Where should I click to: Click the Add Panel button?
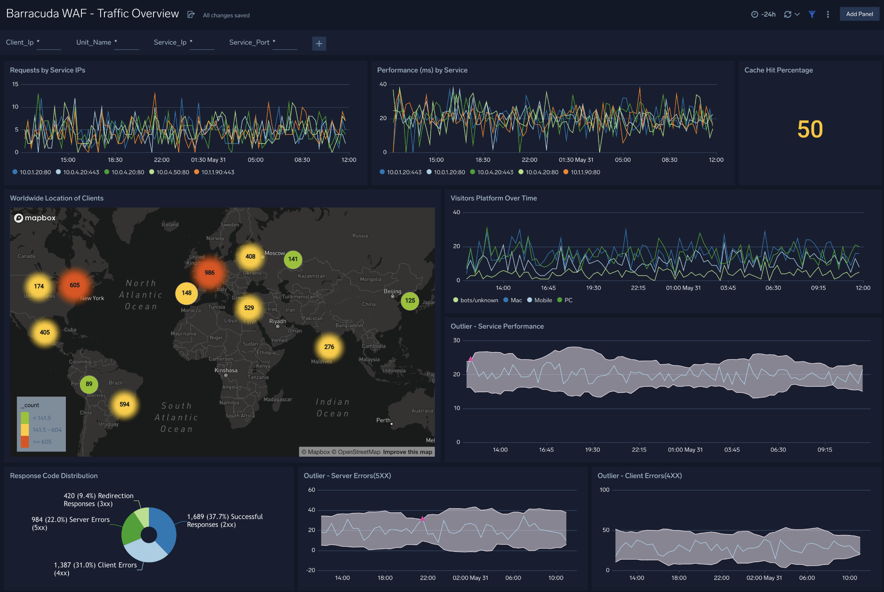[859, 14]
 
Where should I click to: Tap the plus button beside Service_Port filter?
[319, 43]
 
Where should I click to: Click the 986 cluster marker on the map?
[209, 273]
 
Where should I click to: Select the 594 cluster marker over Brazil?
[124, 404]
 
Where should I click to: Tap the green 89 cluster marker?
[89, 384]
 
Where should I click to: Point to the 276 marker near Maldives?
[329, 347]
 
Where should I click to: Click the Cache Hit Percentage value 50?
[810, 129]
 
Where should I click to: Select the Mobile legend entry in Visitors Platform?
[543, 300]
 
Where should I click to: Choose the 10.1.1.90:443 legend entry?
[217, 172]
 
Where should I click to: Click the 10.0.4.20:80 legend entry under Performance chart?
[541, 172]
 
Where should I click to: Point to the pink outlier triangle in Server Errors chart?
[422, 519]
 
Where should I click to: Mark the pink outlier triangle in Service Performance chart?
[470, 359]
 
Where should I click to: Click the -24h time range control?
[764, 14]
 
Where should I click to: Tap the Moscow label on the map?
[274, 253]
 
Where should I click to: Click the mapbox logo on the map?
[35, 218]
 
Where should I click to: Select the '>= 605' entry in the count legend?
[42, 442]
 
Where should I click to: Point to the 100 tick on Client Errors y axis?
[604, 490]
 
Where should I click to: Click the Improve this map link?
[407, 452]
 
